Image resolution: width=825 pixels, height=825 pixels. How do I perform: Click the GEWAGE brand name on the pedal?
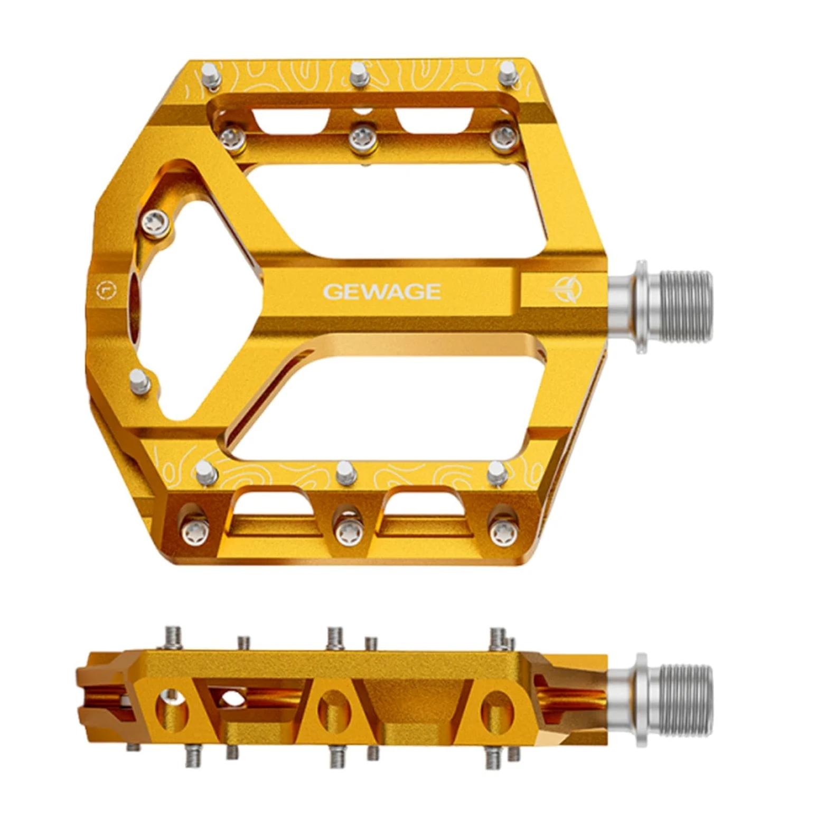click(382, 292)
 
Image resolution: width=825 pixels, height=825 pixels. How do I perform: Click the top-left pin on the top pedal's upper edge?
click(212, 74)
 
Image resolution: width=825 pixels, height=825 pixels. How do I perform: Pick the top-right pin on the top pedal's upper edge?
click(507, 72)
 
